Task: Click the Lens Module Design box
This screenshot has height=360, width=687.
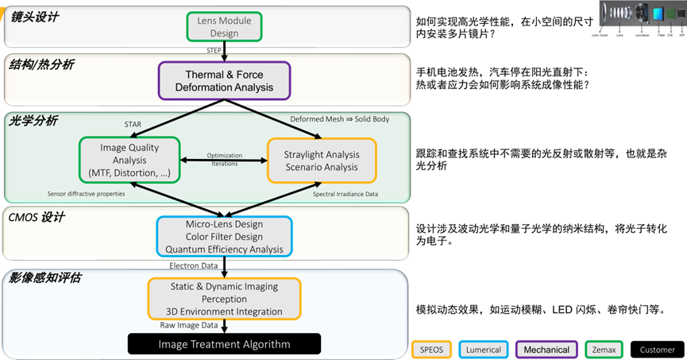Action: (224, 25)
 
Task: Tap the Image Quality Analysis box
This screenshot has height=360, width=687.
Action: (129, 161)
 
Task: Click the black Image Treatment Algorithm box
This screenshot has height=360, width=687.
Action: (224, 344)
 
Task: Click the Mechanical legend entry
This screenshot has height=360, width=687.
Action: (546, 349)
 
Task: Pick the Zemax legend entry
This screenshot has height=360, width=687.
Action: (604, 349)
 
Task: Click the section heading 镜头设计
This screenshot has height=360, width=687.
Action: (34, 17)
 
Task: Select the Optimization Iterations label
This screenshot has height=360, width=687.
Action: (225, 158)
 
